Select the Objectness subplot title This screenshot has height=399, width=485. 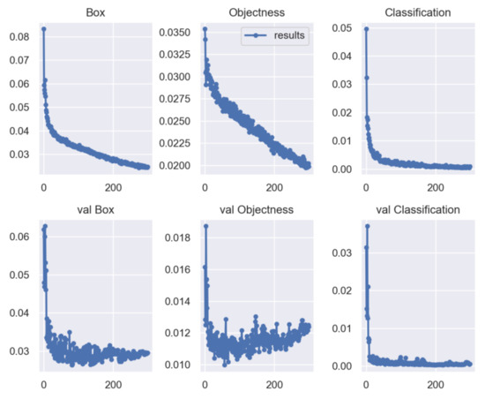pos(255,13)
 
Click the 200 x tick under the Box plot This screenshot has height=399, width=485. pos(113,187)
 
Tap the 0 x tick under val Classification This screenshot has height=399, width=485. pos(365,385)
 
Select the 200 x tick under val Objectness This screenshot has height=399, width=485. pos(273,385)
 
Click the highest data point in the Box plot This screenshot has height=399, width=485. pos(43,29)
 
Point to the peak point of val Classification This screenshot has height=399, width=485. pos(366,226)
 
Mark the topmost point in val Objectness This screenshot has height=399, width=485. pos(205,226)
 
